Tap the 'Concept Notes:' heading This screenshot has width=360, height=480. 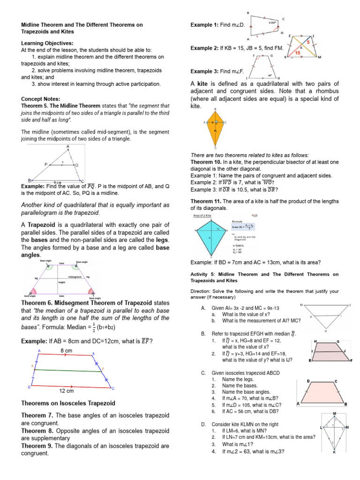coord(41,99)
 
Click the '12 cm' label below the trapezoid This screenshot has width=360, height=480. coord(66,390)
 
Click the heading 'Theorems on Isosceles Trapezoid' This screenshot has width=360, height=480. coord(68,403)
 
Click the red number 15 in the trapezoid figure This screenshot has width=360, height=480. coord(297,53)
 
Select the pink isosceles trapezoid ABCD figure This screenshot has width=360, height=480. coord(322,391)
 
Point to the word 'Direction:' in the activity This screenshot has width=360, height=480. coord(202,291)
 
